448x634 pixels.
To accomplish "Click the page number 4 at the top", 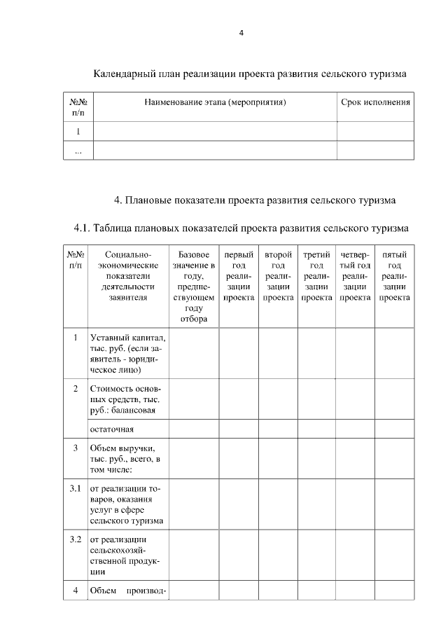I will (241, 33).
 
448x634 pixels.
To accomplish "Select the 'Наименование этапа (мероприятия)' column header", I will (216, 102).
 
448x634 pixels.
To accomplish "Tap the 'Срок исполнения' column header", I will (375, 102).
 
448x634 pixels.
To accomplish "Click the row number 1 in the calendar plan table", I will (78, 131).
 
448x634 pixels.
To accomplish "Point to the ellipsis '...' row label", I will (78, 151).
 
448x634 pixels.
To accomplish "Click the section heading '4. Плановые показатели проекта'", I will (255, 200).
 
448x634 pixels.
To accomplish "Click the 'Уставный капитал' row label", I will (127, 354).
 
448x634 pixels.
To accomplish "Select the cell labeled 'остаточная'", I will (111, 429).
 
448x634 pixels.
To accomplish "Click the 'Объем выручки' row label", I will (127, 459).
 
